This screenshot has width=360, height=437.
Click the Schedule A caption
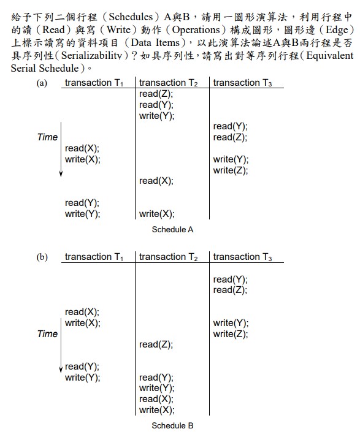click(x=172, y=229)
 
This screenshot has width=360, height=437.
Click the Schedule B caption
click(x=172, y=425)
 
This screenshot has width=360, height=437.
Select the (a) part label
click(x=42, y=83)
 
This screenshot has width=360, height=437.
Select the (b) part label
click(x=42, y=257)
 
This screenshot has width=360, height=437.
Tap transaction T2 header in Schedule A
click(x=169, y=83)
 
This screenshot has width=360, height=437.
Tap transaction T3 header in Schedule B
click(x=242, y=257)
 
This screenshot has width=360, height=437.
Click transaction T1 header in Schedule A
click(x=94, y=83)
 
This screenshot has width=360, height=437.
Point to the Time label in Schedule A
click(x=47, y=137)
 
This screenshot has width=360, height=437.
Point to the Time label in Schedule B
click(x=47, y=333)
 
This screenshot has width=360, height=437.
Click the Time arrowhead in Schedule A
click(x=61, y=175)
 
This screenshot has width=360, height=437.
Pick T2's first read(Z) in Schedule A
click(x=156, y=94)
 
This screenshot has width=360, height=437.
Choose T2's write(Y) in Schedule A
click(x=157, y=116)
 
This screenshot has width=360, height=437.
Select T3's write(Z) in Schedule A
click(x=231, y=170)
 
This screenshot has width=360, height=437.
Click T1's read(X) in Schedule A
click(x=82, y=148)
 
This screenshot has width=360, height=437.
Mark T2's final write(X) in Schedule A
click(x=157, y=214)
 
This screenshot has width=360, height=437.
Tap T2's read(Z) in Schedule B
click(x=156, y=344)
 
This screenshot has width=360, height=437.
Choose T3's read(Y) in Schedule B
click(x=231, y=279)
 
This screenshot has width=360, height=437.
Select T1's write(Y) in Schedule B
click(x=83, y=378)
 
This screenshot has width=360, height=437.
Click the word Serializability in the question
click(x=92, y=55)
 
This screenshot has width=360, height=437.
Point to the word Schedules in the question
click(x=131, y=17)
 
